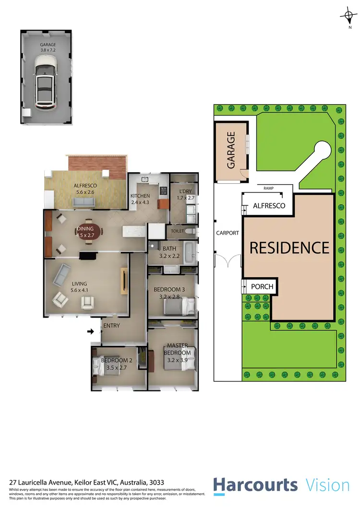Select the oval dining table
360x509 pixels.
(90, 233)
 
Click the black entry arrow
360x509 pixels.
(90, 331)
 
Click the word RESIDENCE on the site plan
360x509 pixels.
(289, 248)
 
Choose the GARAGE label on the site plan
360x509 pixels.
(230, 151)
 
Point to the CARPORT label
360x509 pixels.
(228, 233)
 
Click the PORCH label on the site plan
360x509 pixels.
(262, 287)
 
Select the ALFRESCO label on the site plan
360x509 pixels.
(269, 206)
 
